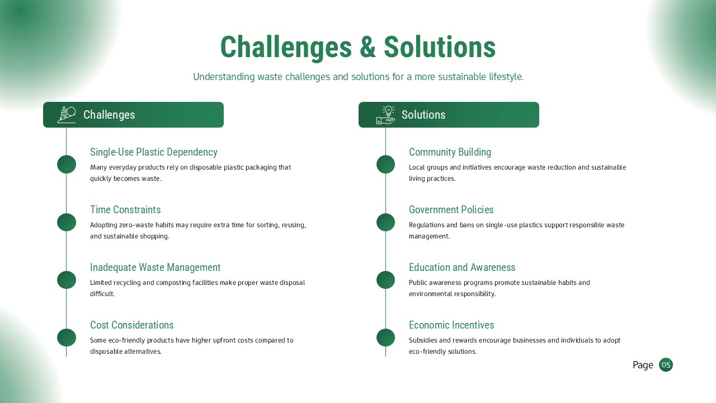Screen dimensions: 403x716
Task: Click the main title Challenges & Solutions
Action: [358, 47]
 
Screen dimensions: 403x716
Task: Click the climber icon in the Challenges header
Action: [67, 115]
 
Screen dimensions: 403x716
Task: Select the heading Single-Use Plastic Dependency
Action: [153, 152]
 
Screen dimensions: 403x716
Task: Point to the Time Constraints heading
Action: [125, 210]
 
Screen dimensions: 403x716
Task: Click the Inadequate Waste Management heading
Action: [155, 268]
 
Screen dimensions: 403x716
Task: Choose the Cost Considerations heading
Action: [131, 325]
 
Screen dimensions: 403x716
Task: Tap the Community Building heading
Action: [450, 152]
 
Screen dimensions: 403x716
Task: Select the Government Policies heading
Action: [451, 210]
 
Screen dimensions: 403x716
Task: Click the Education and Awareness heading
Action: [461, 268]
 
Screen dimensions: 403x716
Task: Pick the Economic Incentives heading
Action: [451, 325]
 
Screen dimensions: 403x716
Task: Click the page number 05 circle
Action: [666, 365]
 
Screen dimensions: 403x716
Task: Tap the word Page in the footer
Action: [643, 365]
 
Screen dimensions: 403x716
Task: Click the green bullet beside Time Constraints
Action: [67, 222]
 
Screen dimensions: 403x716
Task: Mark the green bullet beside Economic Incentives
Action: [385, 338]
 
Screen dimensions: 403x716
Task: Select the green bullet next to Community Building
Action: [385, 165]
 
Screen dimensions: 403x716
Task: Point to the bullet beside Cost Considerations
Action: [67, 338]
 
